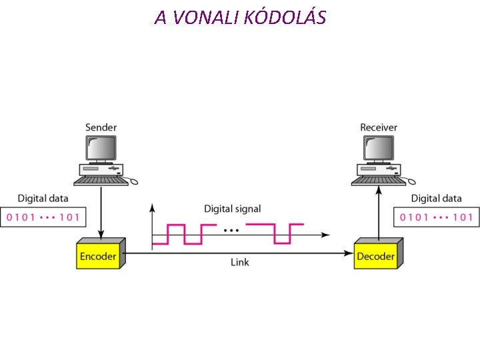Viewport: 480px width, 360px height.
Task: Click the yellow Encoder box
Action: click(98, 256)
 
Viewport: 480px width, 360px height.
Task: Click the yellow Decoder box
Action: click(375, 256)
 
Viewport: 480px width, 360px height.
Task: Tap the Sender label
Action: click(101, 127)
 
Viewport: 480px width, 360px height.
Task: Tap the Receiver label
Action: click(379, 127)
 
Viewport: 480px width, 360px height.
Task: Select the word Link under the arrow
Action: click(239, 263)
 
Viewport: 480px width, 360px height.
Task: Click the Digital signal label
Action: click(232, 209)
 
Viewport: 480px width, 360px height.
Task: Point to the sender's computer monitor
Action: click(100, 148)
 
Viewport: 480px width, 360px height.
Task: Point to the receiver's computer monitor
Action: click(378, 148)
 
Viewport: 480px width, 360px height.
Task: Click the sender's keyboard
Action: click(99, 180)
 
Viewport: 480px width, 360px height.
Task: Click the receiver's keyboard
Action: click(377, 180)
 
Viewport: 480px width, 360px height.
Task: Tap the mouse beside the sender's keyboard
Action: click(133, 181)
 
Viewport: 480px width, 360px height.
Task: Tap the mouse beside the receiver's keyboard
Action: click(411, 181)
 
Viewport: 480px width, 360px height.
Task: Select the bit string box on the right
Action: click(436, 217)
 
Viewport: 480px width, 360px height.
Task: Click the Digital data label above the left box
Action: click(43, 198)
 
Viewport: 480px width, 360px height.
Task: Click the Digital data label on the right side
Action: click(436, 198)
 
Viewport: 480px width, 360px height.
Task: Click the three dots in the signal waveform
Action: click(231, 231)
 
